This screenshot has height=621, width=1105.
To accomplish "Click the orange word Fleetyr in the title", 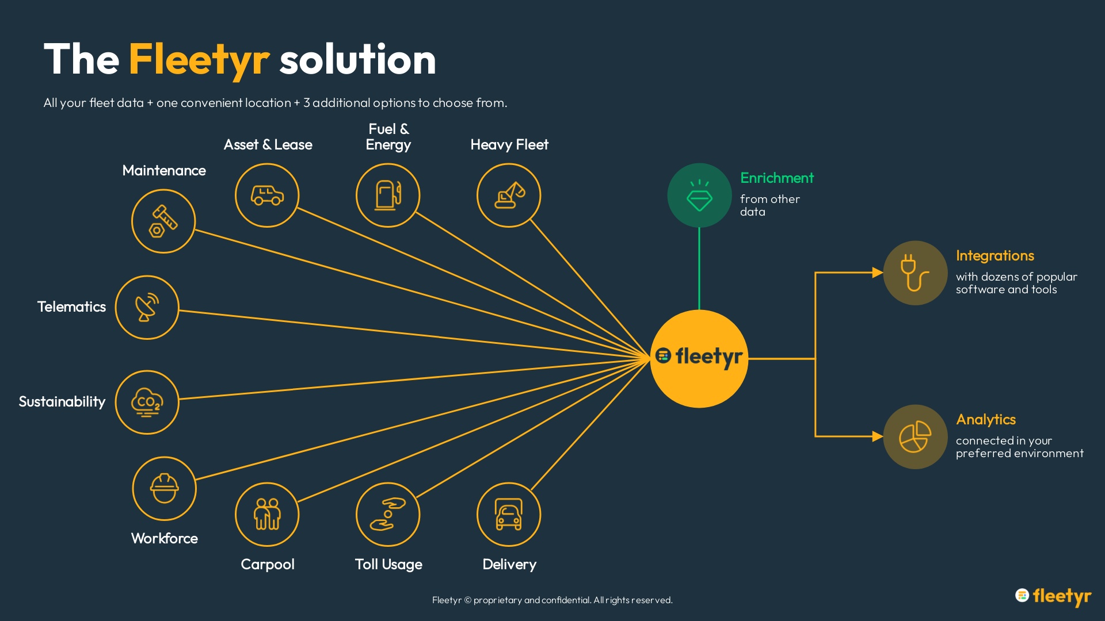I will click(x=199, y=60).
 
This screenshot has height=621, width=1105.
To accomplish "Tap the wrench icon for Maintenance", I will click(x=163, y=221).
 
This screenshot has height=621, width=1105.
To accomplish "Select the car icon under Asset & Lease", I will click(x=267, y=195).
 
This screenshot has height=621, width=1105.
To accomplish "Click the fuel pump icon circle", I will click(x=388, y=195).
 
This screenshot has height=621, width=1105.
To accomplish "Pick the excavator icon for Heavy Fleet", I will click(x=509, y=195).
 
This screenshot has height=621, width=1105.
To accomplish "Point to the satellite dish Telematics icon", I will click(x=147, y=308).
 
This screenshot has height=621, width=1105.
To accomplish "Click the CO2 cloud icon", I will click(x=147, y=402).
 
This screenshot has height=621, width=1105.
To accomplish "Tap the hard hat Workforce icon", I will click(x=165, y=489).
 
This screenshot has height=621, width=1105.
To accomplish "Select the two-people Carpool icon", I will click(x=267, y=515).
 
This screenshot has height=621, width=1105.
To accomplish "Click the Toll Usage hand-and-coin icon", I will click(x=388, y=515).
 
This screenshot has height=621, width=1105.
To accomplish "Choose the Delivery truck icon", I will click(x=509, y=515).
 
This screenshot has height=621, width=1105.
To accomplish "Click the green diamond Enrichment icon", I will click(x=699, y=195).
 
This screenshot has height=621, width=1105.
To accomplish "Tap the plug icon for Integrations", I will click(x=915, y=273).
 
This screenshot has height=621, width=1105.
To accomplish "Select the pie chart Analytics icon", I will click(x=915, y=437).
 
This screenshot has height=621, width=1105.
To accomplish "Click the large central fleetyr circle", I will click(x=699, y=359).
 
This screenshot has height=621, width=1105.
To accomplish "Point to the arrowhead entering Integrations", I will click(x=877, y=273).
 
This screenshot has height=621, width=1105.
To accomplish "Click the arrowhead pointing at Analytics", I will click(x=877, y=436).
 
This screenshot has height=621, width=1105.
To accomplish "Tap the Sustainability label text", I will click(x=62, y=402).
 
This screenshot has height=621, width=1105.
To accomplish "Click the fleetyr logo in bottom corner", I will click(x=1053, y=596).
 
